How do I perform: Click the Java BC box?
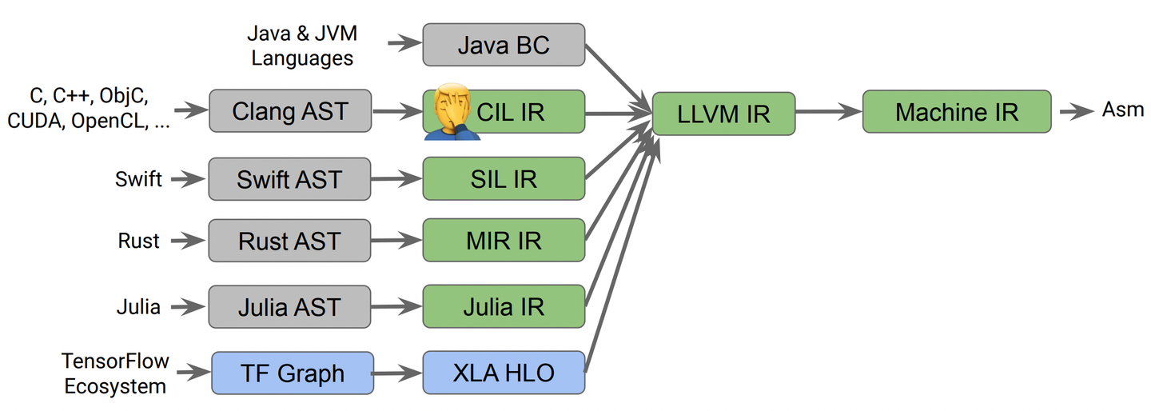504,44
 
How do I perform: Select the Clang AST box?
290,110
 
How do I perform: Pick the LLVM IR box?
723,113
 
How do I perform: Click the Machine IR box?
957,111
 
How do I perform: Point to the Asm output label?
1123,110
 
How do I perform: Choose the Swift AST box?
290,178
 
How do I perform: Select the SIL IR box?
504,178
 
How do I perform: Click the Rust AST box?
290,241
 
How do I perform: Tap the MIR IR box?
504,241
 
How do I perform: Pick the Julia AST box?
290,306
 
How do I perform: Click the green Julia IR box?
504,306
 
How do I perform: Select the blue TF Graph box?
293,373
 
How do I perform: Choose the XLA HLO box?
504,373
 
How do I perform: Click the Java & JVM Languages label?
301,46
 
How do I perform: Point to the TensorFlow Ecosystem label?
115,373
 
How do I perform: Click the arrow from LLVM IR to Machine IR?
828,112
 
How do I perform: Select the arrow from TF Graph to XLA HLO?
397,373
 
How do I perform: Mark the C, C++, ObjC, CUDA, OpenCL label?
89,109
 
